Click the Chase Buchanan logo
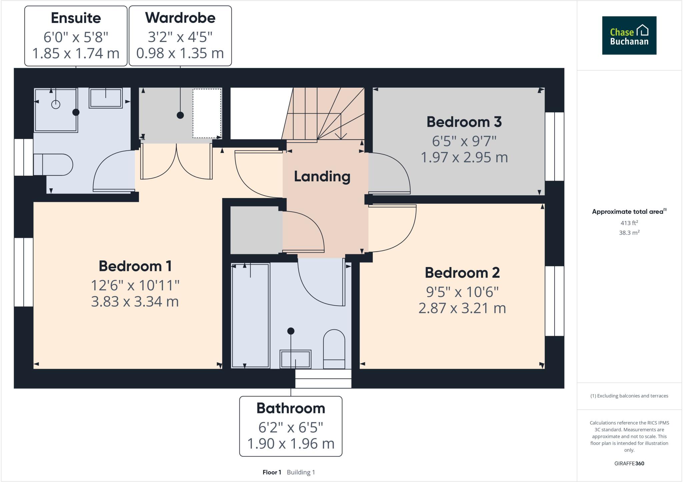pos(629,35)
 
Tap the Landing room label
pos(322,176)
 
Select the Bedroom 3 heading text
pos(464,122)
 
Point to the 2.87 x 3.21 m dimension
pos(462,308)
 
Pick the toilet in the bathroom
pos(334,349)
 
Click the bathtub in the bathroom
pos(250,315)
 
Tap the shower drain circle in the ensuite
pos(56,104)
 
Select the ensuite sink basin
pos(105,98)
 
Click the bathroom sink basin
pos(295,359)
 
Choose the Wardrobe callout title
pos(180,18)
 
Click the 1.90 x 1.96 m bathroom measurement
pos(290,443)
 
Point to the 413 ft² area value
pos(629,223)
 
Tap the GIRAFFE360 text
pos(629,463)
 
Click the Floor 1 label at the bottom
pos(272,472)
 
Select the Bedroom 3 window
pos(554,146)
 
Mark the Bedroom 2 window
pos(554,301)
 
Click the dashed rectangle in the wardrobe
pos(207,113)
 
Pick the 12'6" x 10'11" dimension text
pos(135,285)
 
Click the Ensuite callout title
pos(76,18)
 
